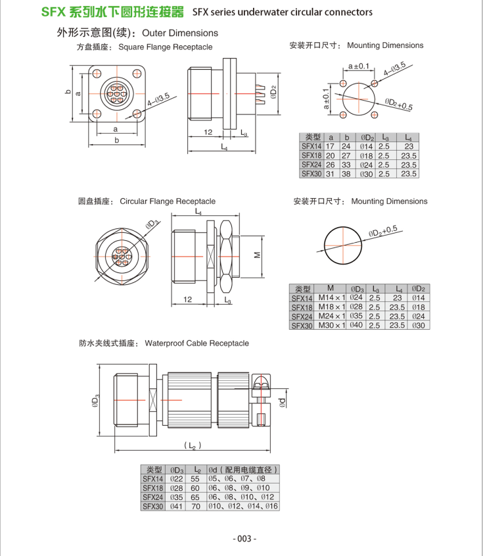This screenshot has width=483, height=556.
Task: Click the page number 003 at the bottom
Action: [244, 538]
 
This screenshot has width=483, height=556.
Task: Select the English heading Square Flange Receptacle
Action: [166, 47]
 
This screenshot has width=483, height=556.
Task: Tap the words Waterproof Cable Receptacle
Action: [196, 343]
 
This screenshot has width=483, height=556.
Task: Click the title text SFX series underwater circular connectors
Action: [283, 12]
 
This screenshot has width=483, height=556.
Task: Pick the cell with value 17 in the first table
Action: [331, 147]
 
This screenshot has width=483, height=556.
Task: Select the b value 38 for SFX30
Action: [346, 174]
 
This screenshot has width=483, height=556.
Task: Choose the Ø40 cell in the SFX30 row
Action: [357, 325]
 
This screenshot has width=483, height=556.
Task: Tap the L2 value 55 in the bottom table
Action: [195, 479]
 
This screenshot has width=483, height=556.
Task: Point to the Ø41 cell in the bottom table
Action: [176, 506]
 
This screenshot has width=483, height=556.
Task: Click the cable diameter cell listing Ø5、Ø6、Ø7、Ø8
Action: [237, 479]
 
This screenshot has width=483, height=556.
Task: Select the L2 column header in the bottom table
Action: [195, 470]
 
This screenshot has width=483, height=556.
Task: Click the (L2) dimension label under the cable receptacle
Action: [192, 446]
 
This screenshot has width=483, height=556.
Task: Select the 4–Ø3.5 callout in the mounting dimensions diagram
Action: [394, 70]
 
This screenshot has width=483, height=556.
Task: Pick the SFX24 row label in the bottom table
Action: [152, 497]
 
